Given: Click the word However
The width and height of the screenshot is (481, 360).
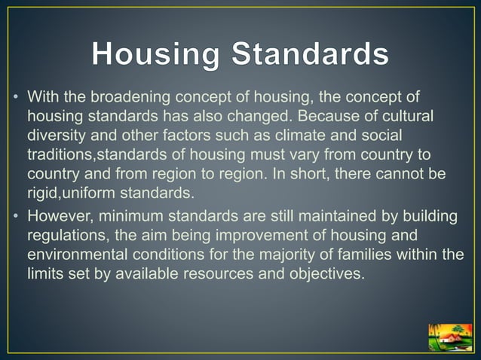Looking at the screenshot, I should [x=57, y=217].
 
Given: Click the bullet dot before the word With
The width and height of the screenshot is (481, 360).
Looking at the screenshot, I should [x=15, y=99].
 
